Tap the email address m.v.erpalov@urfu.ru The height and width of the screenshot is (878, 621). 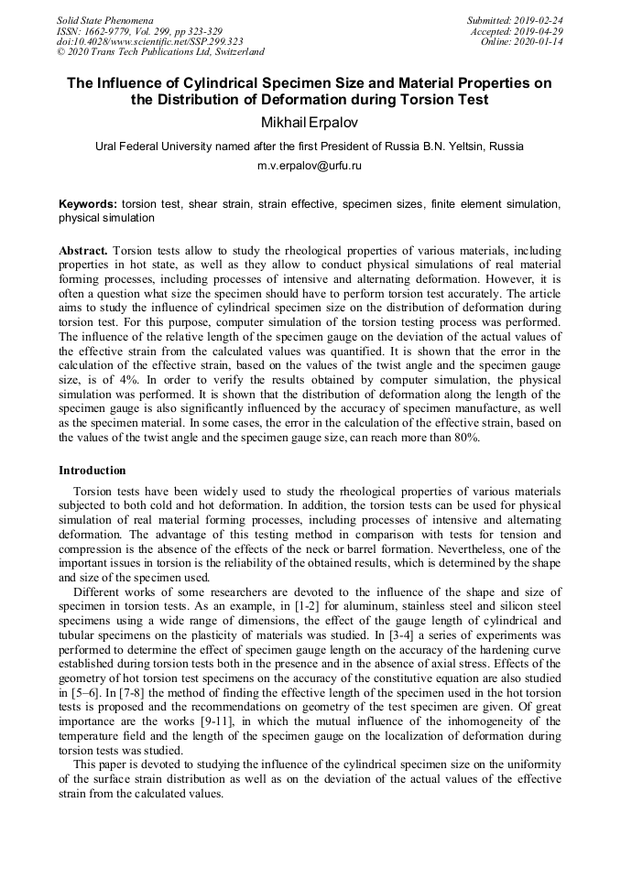coord(310,166)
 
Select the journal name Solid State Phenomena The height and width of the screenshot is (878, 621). coord(104,20)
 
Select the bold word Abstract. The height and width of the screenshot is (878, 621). coord(83,250)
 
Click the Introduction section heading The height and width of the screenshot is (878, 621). coord(93,471)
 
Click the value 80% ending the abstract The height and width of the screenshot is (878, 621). coord(463,438)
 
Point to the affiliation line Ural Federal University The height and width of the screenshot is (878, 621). coord(310,146)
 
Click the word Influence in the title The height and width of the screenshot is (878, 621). coord(132,83)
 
